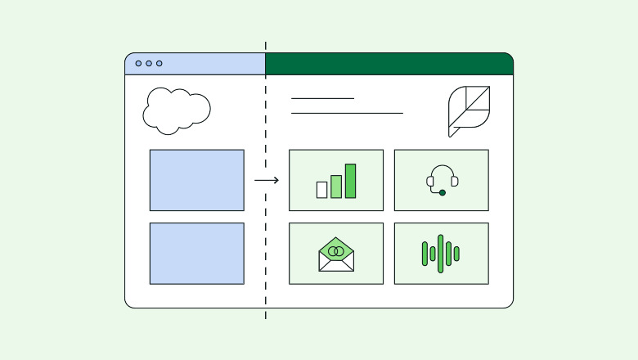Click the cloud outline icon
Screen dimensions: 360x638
[x=176, y=110]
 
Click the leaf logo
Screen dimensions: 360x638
[x=469, y=111]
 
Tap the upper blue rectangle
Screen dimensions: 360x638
[x=196, y=180]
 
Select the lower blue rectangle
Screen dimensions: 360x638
[x=196, y=254]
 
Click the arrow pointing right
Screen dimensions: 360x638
[x=266, y=180]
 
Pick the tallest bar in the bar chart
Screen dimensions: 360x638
[x=350, y=181]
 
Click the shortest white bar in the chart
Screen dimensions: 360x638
[x=321, y=190]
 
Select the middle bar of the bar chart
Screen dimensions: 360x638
[x=336, y=187]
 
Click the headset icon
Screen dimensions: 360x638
[x=442, y=179]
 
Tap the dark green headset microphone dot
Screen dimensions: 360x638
[x=443, y=192]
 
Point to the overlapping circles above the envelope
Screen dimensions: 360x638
[x=335, y=251]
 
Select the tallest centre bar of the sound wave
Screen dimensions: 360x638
[x=441, y=254]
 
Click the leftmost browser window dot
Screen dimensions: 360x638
[x=138, y=63]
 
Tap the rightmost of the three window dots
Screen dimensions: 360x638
[x=159, y=63]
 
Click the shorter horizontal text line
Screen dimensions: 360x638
[x=322, y=98]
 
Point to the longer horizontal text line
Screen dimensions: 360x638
[x=347, y=113]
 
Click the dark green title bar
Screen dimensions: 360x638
[x=389, y=64]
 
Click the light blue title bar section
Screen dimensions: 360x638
[x=213, y=64]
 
